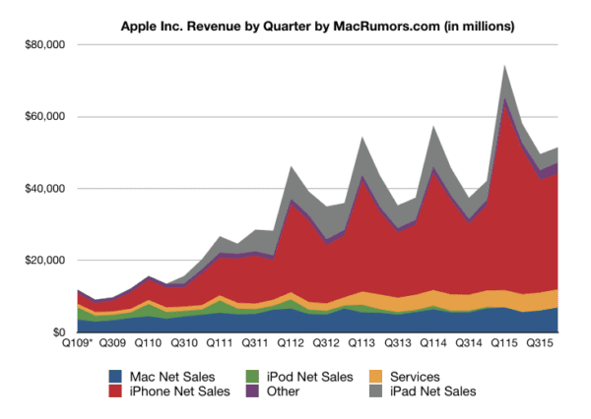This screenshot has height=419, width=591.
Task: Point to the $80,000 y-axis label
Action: pyautogui.click(x=44, y=45)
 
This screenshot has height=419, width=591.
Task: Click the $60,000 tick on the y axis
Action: pyautogui.click(x=44, y=117)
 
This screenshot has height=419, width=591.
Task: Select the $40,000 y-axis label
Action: pyautogui.click(x=44, y=189)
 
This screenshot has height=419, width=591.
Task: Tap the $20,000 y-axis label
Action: pyautogui.click(x=44, y=261)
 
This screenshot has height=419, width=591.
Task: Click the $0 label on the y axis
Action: pyautogui.click(x=57, y=332)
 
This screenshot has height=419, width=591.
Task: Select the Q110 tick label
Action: pyautogui.click(x=148, y=345)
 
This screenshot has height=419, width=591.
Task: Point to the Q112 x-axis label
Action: pyautogui.click(x=290, y=345)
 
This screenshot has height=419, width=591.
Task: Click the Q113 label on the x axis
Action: pyautogui.click(x=361, y=345)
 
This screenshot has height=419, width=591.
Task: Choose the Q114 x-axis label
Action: pyautogui.click(x=432, y=345)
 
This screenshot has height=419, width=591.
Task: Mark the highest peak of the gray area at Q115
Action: pyautogui.click(x=504, y=66)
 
